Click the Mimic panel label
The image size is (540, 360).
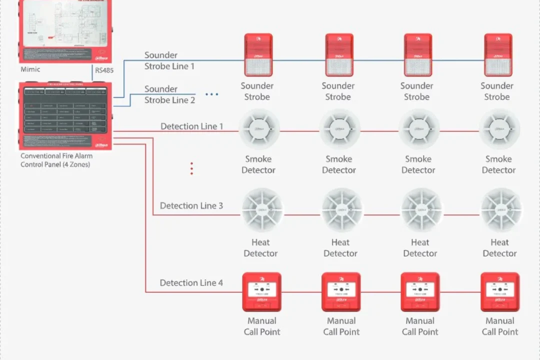click(x=30, y=69)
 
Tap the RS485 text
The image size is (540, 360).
click(x=104, y=70)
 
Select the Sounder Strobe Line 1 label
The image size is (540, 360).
click(x=169, y=60)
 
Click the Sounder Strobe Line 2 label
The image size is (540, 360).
click(x=169, y=94)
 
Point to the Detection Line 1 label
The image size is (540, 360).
click(x=192, y=126)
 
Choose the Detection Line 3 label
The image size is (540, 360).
click(x=191, y=205)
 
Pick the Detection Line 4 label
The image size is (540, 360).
click(x=191, y=283)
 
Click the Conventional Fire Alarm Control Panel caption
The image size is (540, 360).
click(x=56, y=160)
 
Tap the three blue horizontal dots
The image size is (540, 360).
click(x=212, y=94)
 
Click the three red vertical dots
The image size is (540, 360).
click(x=191, y=168)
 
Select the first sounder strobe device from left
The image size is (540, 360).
click(x=258, y=54)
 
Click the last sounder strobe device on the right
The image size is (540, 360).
click(x=498, y=54)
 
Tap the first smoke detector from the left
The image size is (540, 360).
click(x=259, y=129)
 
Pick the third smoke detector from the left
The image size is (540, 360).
click(x=419, y=129)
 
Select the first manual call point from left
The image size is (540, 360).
click(x=261, y=291)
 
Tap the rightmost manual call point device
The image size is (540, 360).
click(x=500, y=291)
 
